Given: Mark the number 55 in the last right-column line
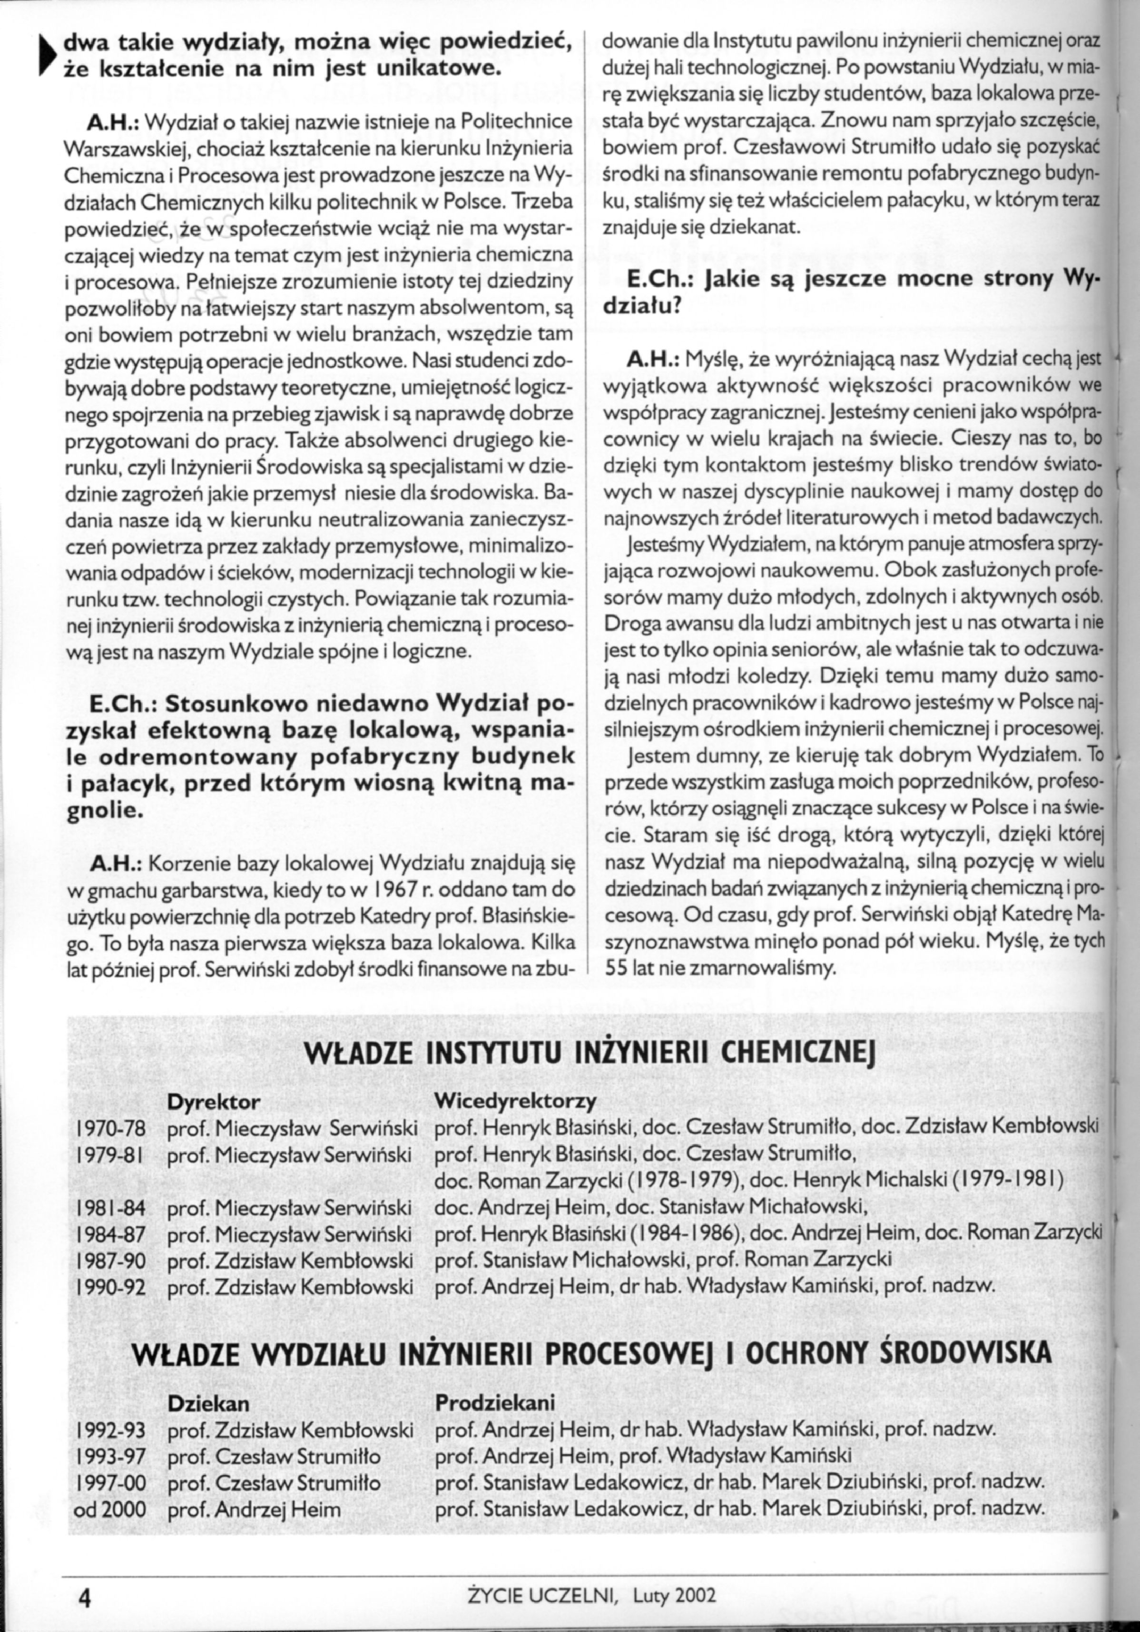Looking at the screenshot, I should pyautogui.click(x=614, y=968).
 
